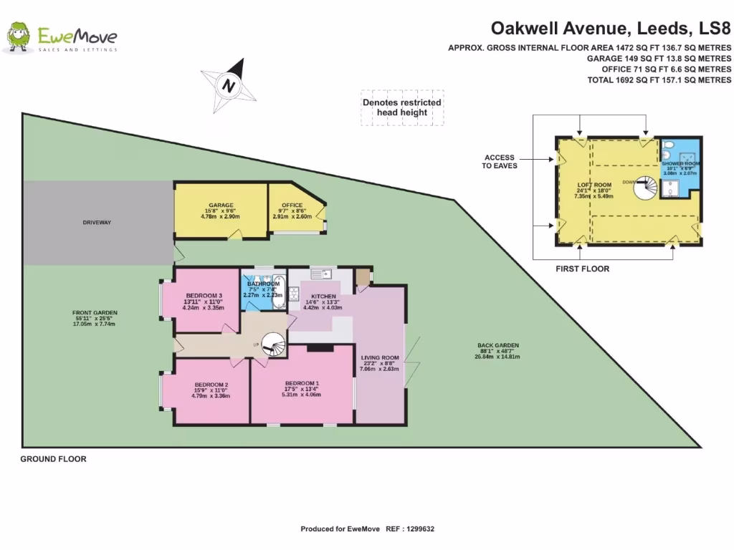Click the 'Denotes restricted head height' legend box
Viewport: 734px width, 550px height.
(x=401, y=107)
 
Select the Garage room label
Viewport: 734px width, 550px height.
(x=221, y=205)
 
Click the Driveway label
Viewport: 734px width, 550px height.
(x=97, y=223)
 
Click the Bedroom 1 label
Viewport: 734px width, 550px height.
(x=302, y=382)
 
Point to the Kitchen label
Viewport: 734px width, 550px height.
(x=323, y=296)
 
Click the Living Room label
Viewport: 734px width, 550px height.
(x=379, y=358)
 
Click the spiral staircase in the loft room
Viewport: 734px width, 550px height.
(x=647, y=187)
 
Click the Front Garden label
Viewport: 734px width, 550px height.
(x=95, y=313)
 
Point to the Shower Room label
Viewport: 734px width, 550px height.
(x=680, y=164)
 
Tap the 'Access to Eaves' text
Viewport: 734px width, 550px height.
(x=500, y=161)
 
